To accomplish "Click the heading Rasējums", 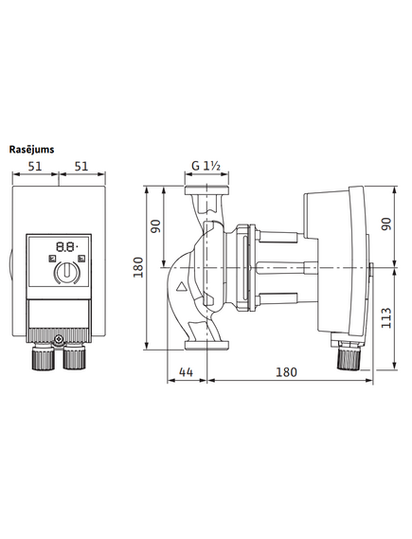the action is [x=31, y=150].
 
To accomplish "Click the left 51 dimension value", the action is [x=35, y=167].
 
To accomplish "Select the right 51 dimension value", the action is [x=81, y=167].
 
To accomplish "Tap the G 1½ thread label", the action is [x=206, y=166].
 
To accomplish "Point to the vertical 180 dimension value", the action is [x=138, y=267].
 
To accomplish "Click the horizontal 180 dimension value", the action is [x=286, y=372].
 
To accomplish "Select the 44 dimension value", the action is [x=187, y=372].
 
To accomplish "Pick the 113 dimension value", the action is [x=386, y=318].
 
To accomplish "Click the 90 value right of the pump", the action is [x=386, y=225].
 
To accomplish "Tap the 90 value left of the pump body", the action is [x=156, y=226].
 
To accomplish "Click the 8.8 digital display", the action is [x=66, y=246].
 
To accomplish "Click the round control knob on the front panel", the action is [x=66, y=272].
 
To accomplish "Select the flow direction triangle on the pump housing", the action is [x=181, y=286].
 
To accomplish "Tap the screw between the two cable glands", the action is [x=59, y=340].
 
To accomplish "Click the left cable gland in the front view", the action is [x=44, y=357].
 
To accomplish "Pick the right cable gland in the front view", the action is [x=74, y=357].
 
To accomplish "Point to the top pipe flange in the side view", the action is [x=206, y=190].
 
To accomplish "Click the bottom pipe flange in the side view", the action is [x=206, y=345].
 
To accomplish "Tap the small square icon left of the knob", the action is [x=51, y=259].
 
